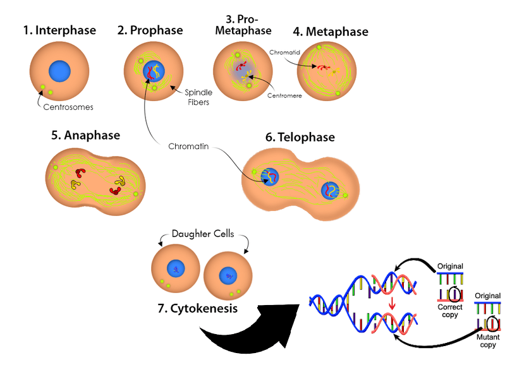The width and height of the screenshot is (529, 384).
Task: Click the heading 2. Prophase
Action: tap(150, 30)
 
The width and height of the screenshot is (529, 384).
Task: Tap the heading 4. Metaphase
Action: tap(331, 32)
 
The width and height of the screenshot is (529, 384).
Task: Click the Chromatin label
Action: tap(188, 147)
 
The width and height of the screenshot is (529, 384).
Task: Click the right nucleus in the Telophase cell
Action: tap(331, 191)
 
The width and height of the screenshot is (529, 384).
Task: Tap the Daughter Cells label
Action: tap(204, 234)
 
